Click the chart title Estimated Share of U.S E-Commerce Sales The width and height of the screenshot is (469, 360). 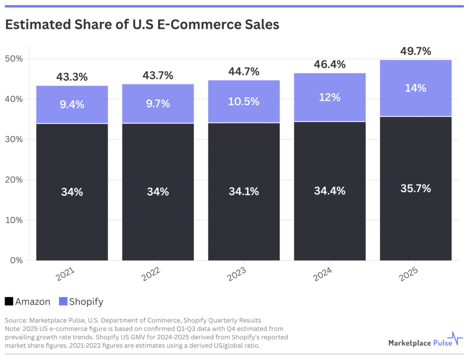pyautogui.click(x=142, y=25)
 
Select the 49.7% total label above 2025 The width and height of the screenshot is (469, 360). pyautogui.click(x=415, y=51)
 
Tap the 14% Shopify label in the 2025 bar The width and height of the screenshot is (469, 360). pyautogui.click(x=415, y=88)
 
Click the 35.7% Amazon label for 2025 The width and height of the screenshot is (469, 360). pyautogui.click(x=415, y=188)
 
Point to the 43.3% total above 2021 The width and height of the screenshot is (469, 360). pyautogui.click(x=72, y=77)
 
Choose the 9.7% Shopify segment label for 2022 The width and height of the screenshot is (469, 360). pyautogui.click(x=158, y=104)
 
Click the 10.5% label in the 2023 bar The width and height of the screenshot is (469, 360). pyautogui.click(x=244, y=102)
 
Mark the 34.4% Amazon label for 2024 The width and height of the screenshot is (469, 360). pyautogui.click(x=330, y=191)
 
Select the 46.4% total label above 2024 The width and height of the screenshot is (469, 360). pyautogui.click(x=330, y=65)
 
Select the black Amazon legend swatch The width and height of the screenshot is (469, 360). pyautogui.click(x=9, y=301)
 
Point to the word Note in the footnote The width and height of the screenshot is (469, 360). pyautogui.click(x=13, y=328)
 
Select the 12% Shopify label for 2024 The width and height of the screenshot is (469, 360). pyautogui.click(x=330, y=97)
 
